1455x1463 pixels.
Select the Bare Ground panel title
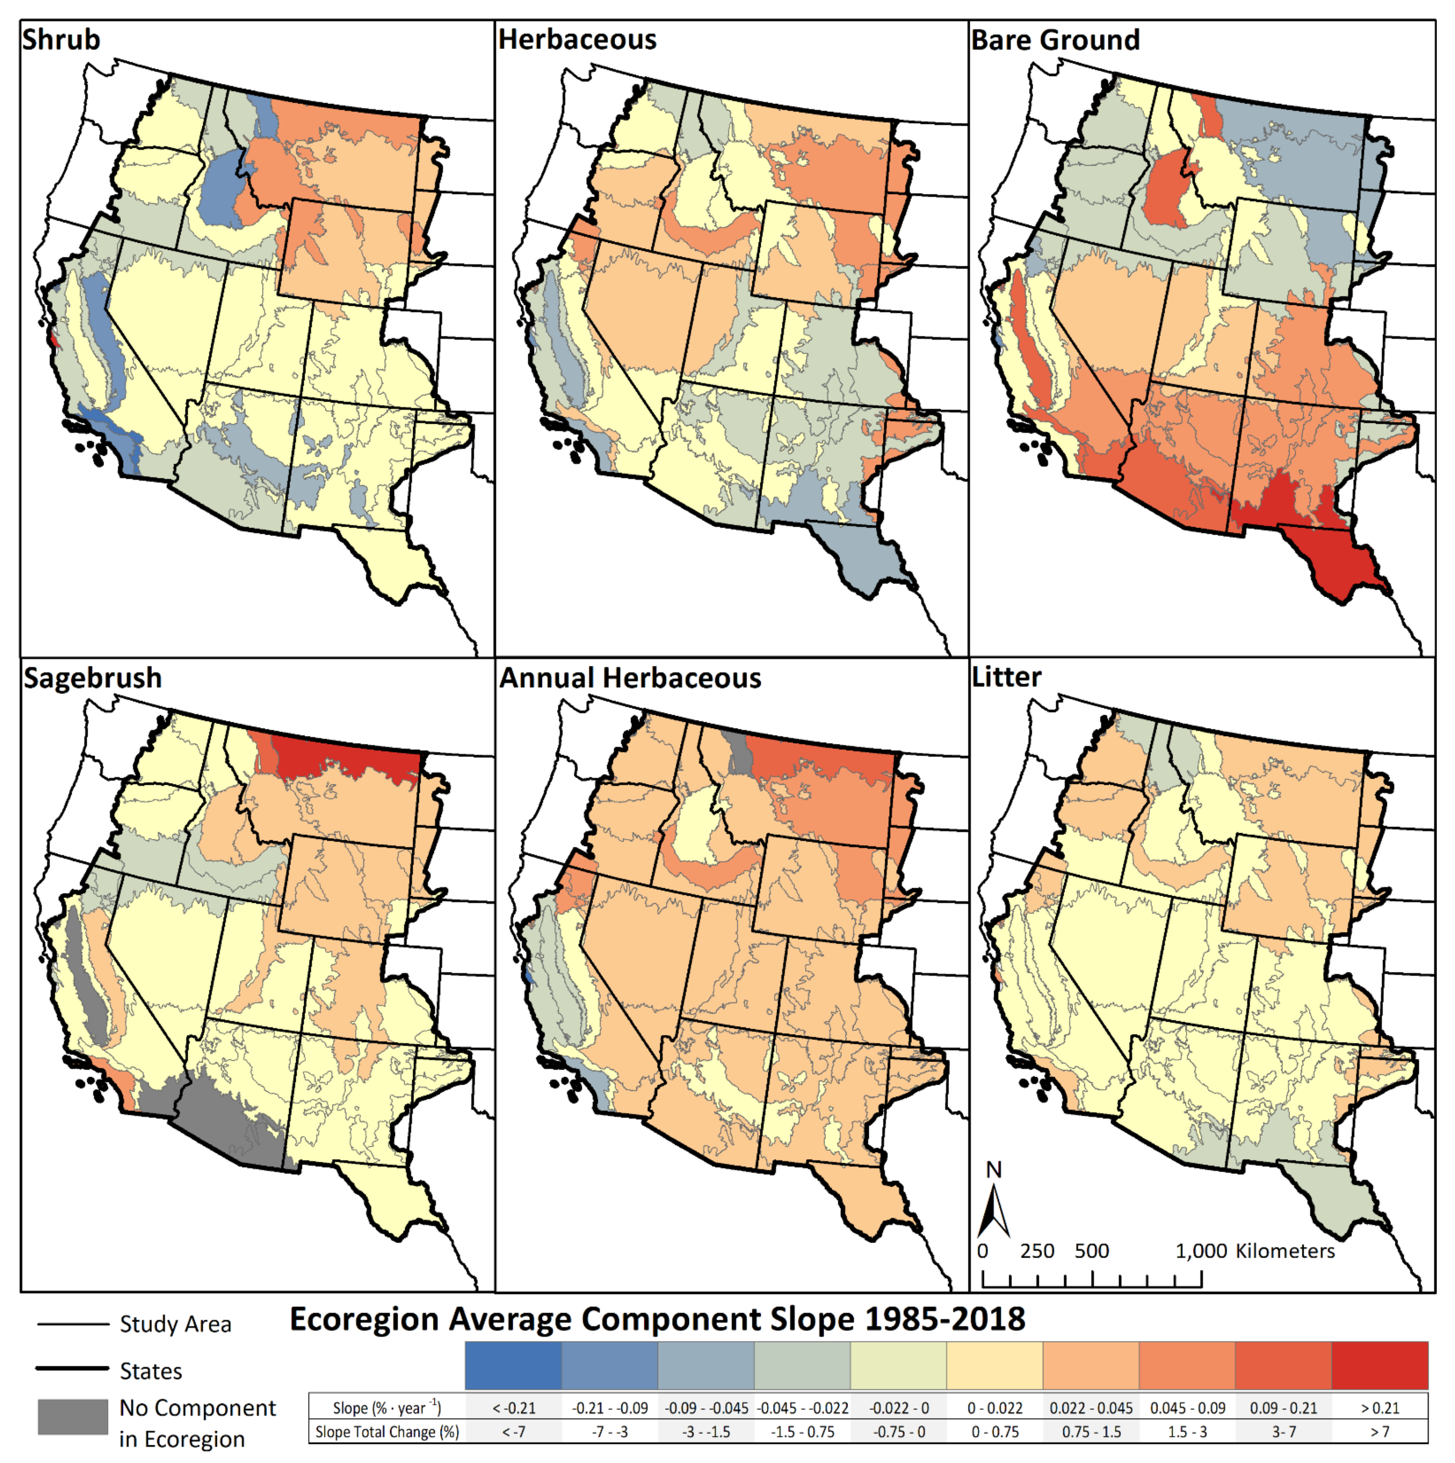tap(1055, 39)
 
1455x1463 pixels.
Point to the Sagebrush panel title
tap(92, 678)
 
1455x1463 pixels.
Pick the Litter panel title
tap(1007, 676)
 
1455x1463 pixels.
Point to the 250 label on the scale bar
tap(1037, 1251)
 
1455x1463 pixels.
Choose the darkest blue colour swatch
tap(513, 1365)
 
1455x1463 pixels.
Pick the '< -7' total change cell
tap(513, 1432)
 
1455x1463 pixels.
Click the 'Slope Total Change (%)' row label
tap(387, 1432)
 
